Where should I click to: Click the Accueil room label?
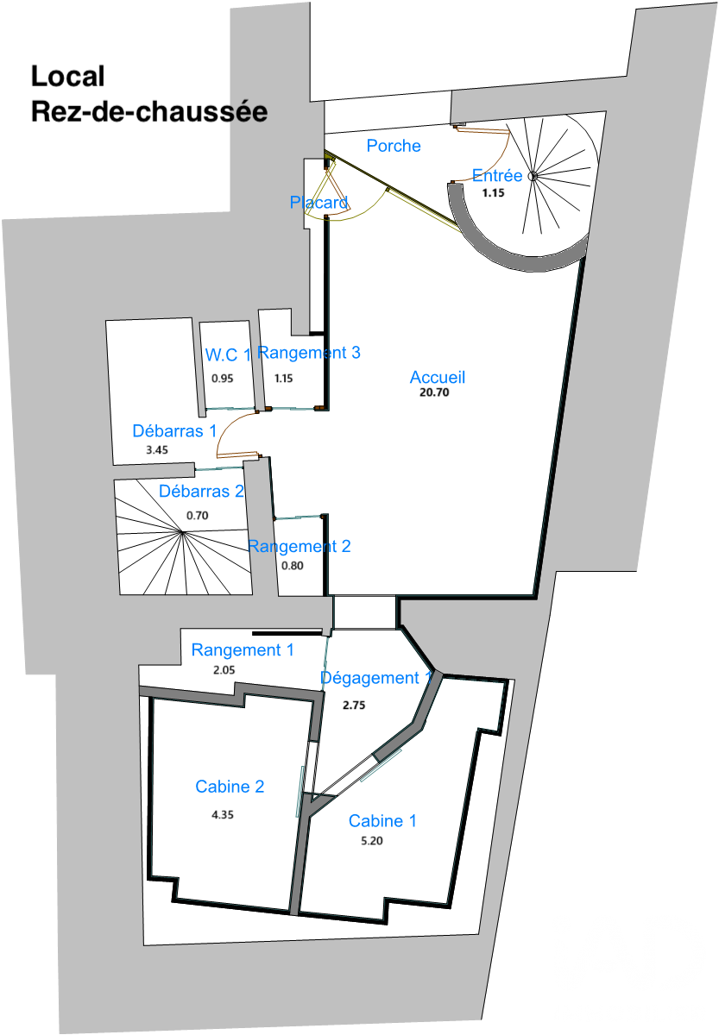pyautogui.click(x=437, y=378)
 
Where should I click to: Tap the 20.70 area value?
pyautogui.click(x=434, y=392)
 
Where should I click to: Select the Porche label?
pyautogui.click(x=394, y=146)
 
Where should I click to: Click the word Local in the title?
pyautogui.click(x=67, y=76)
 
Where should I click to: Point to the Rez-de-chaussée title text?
pyautogui.click(x=149, y=112)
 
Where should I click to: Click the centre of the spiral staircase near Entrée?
pyautogui.click(x=533, y=176)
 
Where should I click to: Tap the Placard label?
pyautogui.click(x=319, y=203)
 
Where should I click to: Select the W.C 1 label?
pyautogui.click(x=228, y=354)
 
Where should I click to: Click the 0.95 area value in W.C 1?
pyautogui.click(x=223, y=379)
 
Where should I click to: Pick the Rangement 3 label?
pyautogui.click(x=309, y=353)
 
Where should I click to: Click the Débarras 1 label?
pyautogui.click(x=174, y=431)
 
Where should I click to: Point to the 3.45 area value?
pyautogui.click(x=157, y=450)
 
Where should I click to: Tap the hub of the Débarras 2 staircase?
pyautogui.click(x=183, y=533)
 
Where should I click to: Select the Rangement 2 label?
pyautogui.click(x=300, y=547)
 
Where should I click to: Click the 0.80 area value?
pyautogui.click(x=293, y=566)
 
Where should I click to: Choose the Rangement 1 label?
pyautogui.click(x=243, y=650)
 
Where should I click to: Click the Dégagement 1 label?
pyautogui.click(x=376, y=678)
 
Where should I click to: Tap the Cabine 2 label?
pyautogui.click(x=230, y=787)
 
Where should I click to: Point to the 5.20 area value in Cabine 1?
pyautogui.click(x=372, y=840)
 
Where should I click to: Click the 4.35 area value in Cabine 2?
pyautogui.click(x=223, y=814)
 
